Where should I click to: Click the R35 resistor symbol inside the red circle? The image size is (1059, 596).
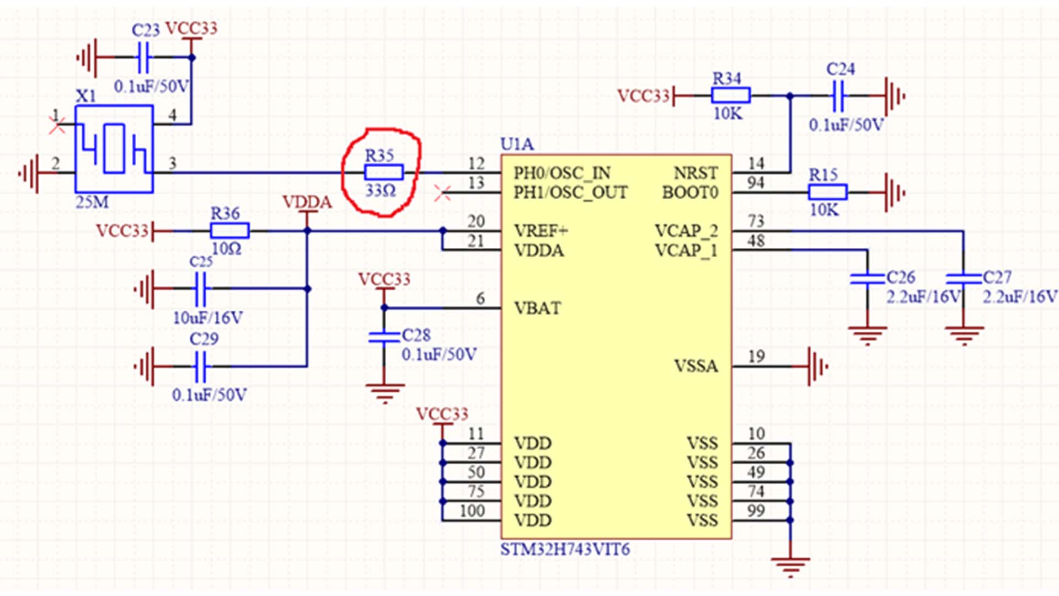pyautogui.click(x=384, y=173)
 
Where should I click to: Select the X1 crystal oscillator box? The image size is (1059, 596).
pyautogui.click(x=114, y=149)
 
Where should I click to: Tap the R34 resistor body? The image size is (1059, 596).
pyautogui.click(x=730, y=95)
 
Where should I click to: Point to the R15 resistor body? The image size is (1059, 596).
pyautogui.click(x=827, y=192)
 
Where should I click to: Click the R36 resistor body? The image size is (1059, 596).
pyautogui.click(x=229, y=231)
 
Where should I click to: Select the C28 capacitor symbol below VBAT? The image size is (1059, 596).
pyautogui.click(x=384, y=337)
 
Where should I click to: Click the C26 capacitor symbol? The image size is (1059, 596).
pyautogui.click(x=867, y=279)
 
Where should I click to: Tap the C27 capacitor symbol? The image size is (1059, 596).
pyautogui.click(x=964, y=279)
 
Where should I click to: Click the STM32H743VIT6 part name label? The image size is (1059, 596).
pyautogui.click(x=565, y=550)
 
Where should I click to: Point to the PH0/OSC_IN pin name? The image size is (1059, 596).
pyautogui.click(x=561, y=173)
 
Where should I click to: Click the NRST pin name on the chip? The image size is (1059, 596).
pyautogui.click(x=696, y=173)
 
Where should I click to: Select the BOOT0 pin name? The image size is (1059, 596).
pyautogui.click(x=690, y=193)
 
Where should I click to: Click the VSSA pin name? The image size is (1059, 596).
pyautogui.click(x=696, y=366)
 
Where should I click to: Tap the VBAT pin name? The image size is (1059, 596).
pyautogui.click(x=537, y=308)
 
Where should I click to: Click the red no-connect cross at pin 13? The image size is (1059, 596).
pyautogui.click(x=442, y=193)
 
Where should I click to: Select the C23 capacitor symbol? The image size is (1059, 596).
pyautogui.click(x=143, y=57)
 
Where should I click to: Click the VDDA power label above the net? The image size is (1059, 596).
pyautogui.click(x=307, y=203)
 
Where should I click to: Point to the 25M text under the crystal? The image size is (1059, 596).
pyautogui.click(x=92, y=202)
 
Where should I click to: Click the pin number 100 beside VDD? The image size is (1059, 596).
pyautogui.click(x=472, y=511)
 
